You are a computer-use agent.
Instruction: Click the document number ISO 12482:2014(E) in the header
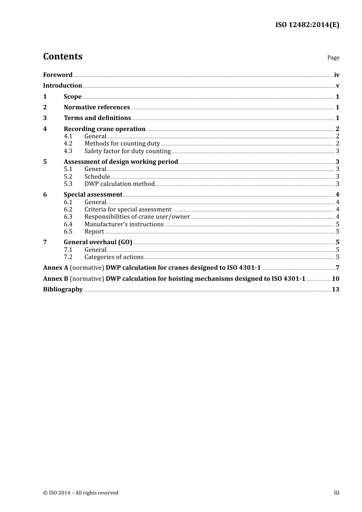(x=307, y=25)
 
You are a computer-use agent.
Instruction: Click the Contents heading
(x=62, y=56)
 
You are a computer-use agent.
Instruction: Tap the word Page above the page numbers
(x=333, y=58)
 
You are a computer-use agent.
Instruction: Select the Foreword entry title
(x=58, y=75)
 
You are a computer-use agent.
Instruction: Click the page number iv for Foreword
(x=336, y=75)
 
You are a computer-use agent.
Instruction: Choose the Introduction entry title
(x=62, y=86)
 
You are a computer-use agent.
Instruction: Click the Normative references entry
(x=97, y=107)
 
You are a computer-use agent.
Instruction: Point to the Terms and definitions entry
(x=97, y=118)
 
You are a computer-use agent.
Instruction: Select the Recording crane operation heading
(x=104, y=129)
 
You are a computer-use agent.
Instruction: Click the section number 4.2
(x=68, y=144)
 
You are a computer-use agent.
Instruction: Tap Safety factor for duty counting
(x=127, y=151)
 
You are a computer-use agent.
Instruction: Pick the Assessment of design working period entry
(x=121, y=162)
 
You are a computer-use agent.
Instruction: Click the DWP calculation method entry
(x=119, y=184)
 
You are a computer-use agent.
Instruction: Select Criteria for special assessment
(x=128, y=210)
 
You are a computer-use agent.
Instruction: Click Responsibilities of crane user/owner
(x=137, y=217)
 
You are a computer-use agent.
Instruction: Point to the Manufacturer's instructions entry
(x=124, y=224)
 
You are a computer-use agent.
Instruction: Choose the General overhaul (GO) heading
(x=98, y=242)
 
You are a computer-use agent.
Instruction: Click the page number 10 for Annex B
(x=335, y=279)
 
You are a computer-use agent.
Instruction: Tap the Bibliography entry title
(x=63, y=290)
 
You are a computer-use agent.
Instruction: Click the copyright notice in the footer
(x=81, y=493)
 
